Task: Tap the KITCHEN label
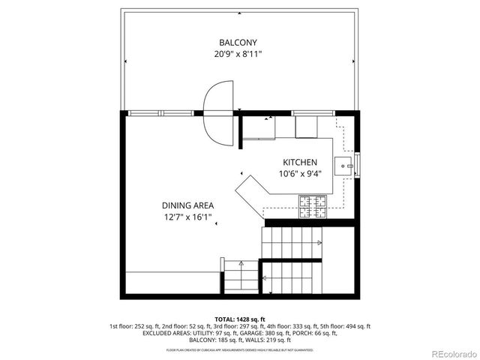(299, 163)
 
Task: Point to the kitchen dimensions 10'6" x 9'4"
(299, 175)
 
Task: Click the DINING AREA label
(188, 205)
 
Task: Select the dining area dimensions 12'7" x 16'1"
(188, 217)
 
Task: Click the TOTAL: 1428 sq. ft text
(240, 319)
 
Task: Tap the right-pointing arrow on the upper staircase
(319, 242)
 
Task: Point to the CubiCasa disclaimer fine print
(240, 349)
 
